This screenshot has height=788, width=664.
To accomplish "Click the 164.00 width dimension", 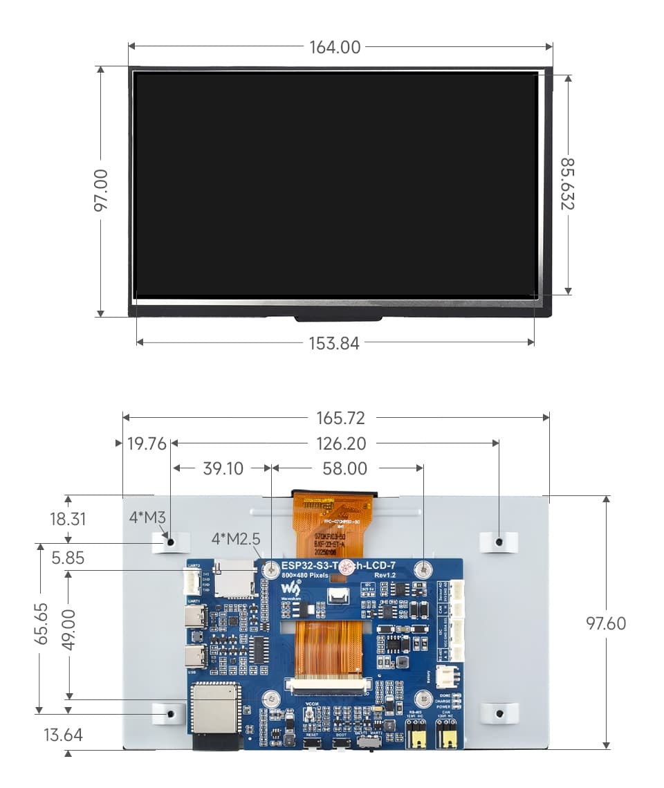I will click(335, 47).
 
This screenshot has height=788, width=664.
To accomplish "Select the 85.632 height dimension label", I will click(568, 183).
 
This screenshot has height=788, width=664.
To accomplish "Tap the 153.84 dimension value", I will click(334, 343).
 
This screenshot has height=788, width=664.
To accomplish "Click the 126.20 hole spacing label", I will click(341, 444).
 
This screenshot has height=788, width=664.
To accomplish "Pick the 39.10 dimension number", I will click(223, 468).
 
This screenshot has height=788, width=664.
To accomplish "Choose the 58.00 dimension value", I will click(345, 468).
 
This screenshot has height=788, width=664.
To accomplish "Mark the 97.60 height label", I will click(606, 623).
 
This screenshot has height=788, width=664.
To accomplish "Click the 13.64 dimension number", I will click(62, 735).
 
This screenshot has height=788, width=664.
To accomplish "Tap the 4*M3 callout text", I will click(147, 517).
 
